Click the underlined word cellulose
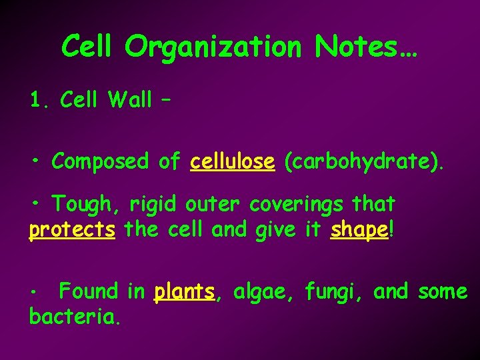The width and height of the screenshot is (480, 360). coord(232,161)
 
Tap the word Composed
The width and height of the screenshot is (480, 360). coord(100,161)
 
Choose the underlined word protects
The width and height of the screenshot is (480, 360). coord(72,231)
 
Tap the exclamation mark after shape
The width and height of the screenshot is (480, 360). coord(391,230)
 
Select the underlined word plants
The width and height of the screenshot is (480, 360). coord(184,292)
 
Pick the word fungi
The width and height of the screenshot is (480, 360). coord(333,292)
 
